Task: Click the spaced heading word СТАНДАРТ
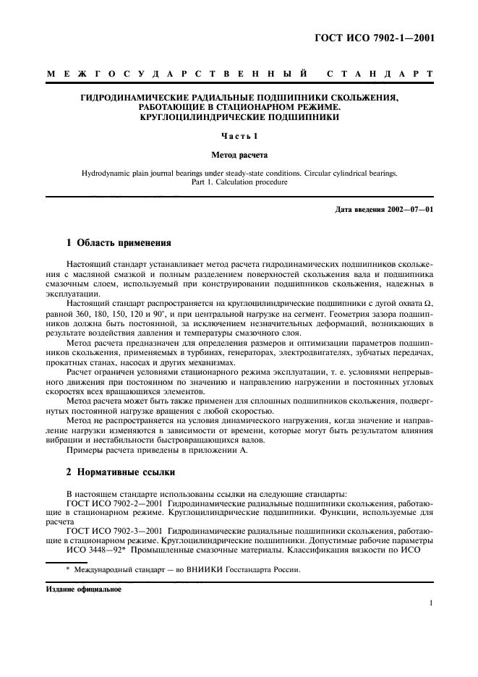[x=380, y=74]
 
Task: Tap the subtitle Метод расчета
[x=238, y=154]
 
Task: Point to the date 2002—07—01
[x=407, y=209]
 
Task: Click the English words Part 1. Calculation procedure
[x=238, y=182]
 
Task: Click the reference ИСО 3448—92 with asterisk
[x=90, y=547]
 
